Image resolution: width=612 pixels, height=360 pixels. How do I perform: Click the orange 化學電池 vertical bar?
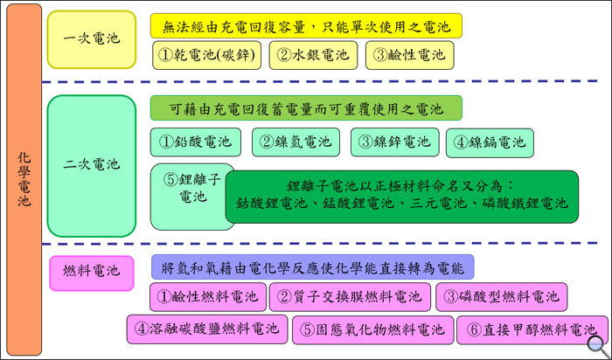tap(24, 180)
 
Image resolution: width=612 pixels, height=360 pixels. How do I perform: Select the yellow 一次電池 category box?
tap(92, 39)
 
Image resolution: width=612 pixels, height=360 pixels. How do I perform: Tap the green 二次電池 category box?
tap(92, 166)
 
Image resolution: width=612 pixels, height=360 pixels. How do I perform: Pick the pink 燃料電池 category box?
tap(92, 273)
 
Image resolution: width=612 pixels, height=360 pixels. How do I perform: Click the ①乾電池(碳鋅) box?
tap(206, 55)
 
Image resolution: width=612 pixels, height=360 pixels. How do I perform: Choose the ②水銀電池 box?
tap(313, 55)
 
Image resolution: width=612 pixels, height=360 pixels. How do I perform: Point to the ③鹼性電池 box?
tap(409, 55)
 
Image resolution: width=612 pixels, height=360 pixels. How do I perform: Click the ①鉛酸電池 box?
tap(196, 142)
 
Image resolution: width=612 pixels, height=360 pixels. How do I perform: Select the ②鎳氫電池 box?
tap(296, 142)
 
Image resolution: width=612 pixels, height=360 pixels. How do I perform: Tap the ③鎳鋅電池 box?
tap(394, 142)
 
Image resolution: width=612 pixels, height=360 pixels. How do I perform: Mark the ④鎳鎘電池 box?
tap(490, 143)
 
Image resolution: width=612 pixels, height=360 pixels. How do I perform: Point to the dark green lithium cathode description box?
tap(402, 197)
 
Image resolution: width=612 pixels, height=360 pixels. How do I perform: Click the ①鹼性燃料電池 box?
tap(208, 297)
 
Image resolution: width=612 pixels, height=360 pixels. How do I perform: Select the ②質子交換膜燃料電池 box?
tap(350, 297)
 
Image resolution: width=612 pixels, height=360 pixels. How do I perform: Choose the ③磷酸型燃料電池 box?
tap(502, 297)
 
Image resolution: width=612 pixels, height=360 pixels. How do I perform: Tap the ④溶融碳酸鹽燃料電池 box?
tap(207, 329)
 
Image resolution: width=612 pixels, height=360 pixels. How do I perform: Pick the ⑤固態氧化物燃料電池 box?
tap(372, 330)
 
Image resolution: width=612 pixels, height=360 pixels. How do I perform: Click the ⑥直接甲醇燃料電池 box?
tap(532, 330)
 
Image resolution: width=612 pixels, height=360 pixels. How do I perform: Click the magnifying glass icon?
tap(597, 345)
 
